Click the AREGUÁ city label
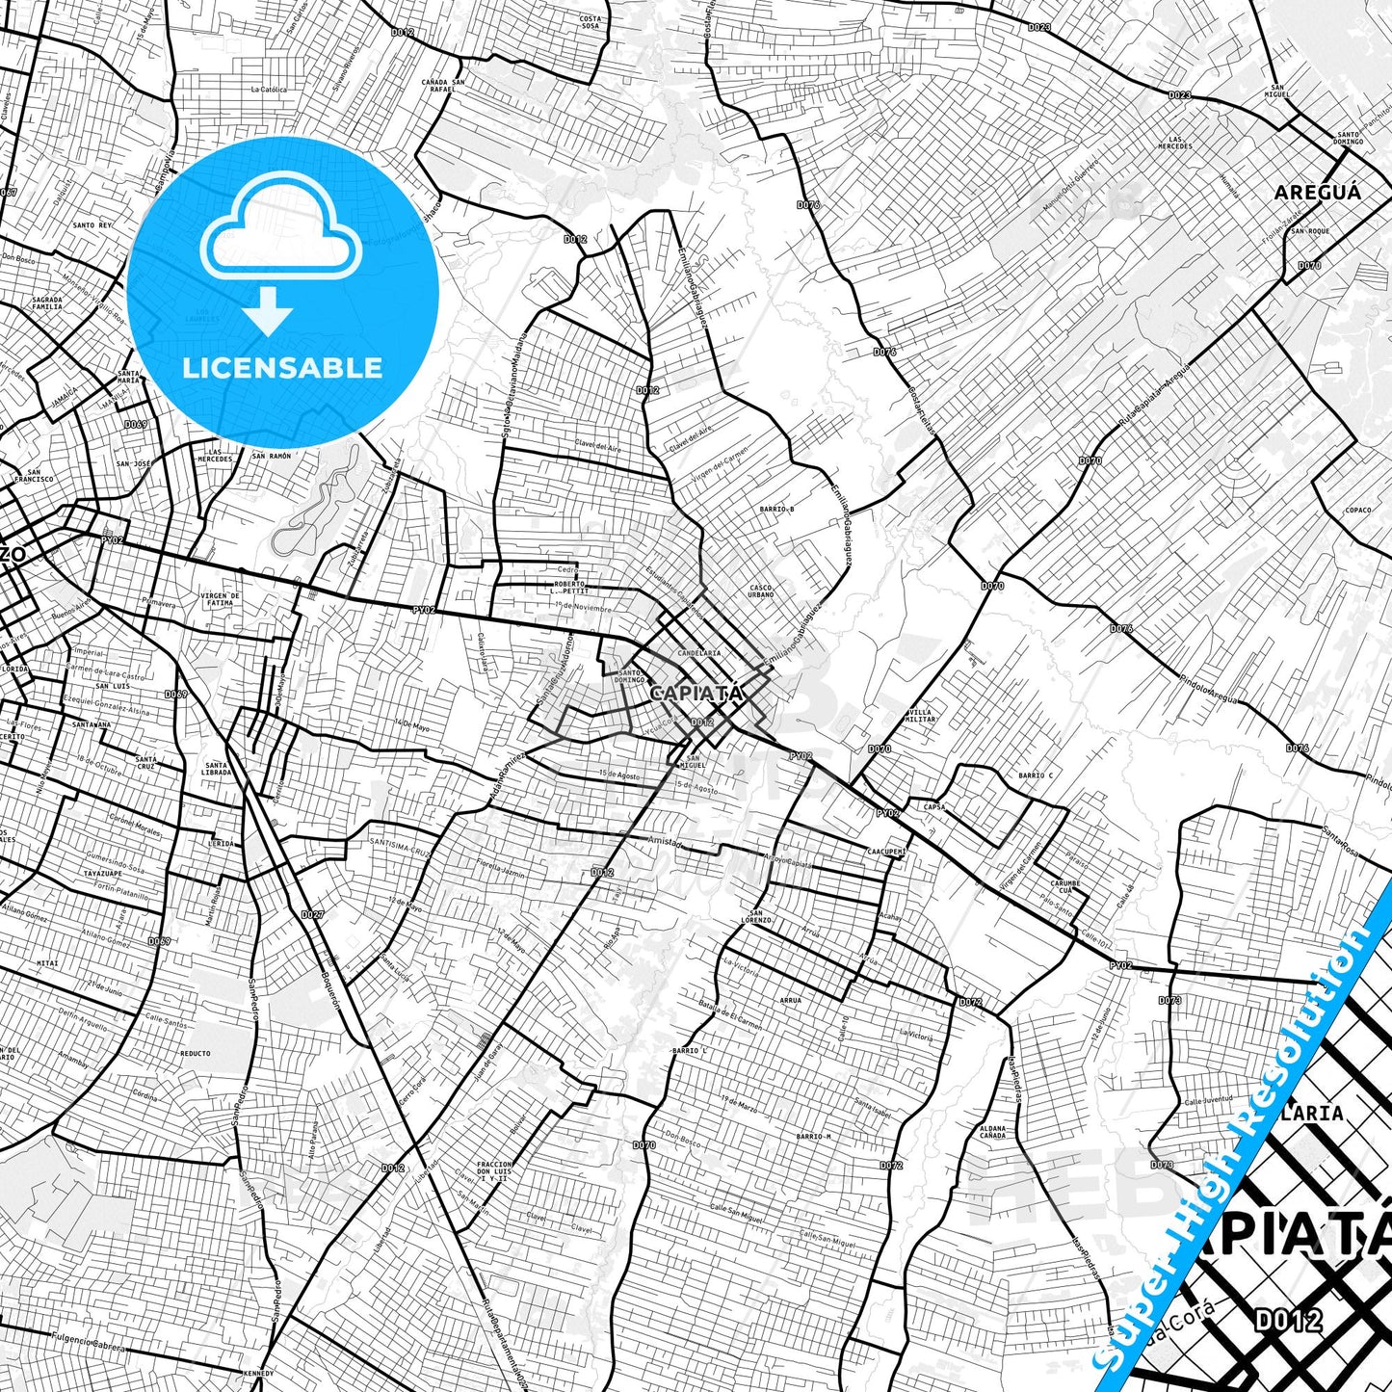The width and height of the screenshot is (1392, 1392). (1318, 193)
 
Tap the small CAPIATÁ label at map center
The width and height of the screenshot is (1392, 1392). (696, 693)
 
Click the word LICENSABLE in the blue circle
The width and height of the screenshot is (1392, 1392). (282, 368)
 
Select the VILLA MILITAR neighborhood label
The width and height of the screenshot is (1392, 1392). (921, 716)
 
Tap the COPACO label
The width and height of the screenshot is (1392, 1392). (1358, 511)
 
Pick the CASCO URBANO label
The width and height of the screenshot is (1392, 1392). (761, 591)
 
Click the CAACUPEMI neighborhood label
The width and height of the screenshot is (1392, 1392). (886, 852)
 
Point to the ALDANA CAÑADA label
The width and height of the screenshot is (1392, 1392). (992, 1132)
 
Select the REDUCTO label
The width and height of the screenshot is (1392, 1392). (195, 1053)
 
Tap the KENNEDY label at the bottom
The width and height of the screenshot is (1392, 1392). (258, 1373)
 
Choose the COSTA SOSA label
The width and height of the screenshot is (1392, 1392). (590, 22)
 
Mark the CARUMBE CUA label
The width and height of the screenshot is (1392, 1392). (1065, 886)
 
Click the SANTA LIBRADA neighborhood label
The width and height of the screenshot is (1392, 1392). (217, 769)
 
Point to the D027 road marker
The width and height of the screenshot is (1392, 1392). (311, 914)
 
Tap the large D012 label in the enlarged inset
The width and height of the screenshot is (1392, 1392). (1288, 1321)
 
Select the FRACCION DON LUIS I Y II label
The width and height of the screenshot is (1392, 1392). (492, 1170)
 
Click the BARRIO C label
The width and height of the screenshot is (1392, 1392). (1036, 775)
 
